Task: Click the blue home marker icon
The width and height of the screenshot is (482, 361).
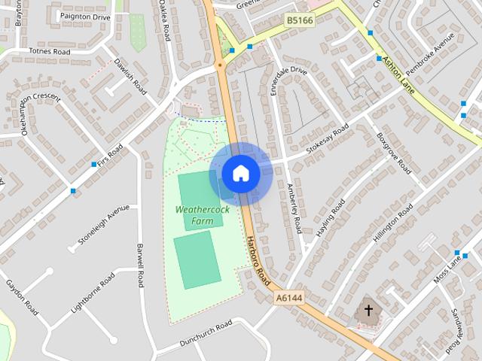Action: tap(240, 174)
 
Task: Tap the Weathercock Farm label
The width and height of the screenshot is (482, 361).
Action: tap(202, 215)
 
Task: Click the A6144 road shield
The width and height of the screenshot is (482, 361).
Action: tap(288, 299)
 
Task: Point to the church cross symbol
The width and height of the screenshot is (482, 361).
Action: tap(368, 309)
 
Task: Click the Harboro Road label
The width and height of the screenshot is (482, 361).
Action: tap(257, 260)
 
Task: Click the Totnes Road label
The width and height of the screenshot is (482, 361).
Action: tap(49, 52)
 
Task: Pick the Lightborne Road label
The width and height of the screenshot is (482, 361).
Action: tap(92, 293)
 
